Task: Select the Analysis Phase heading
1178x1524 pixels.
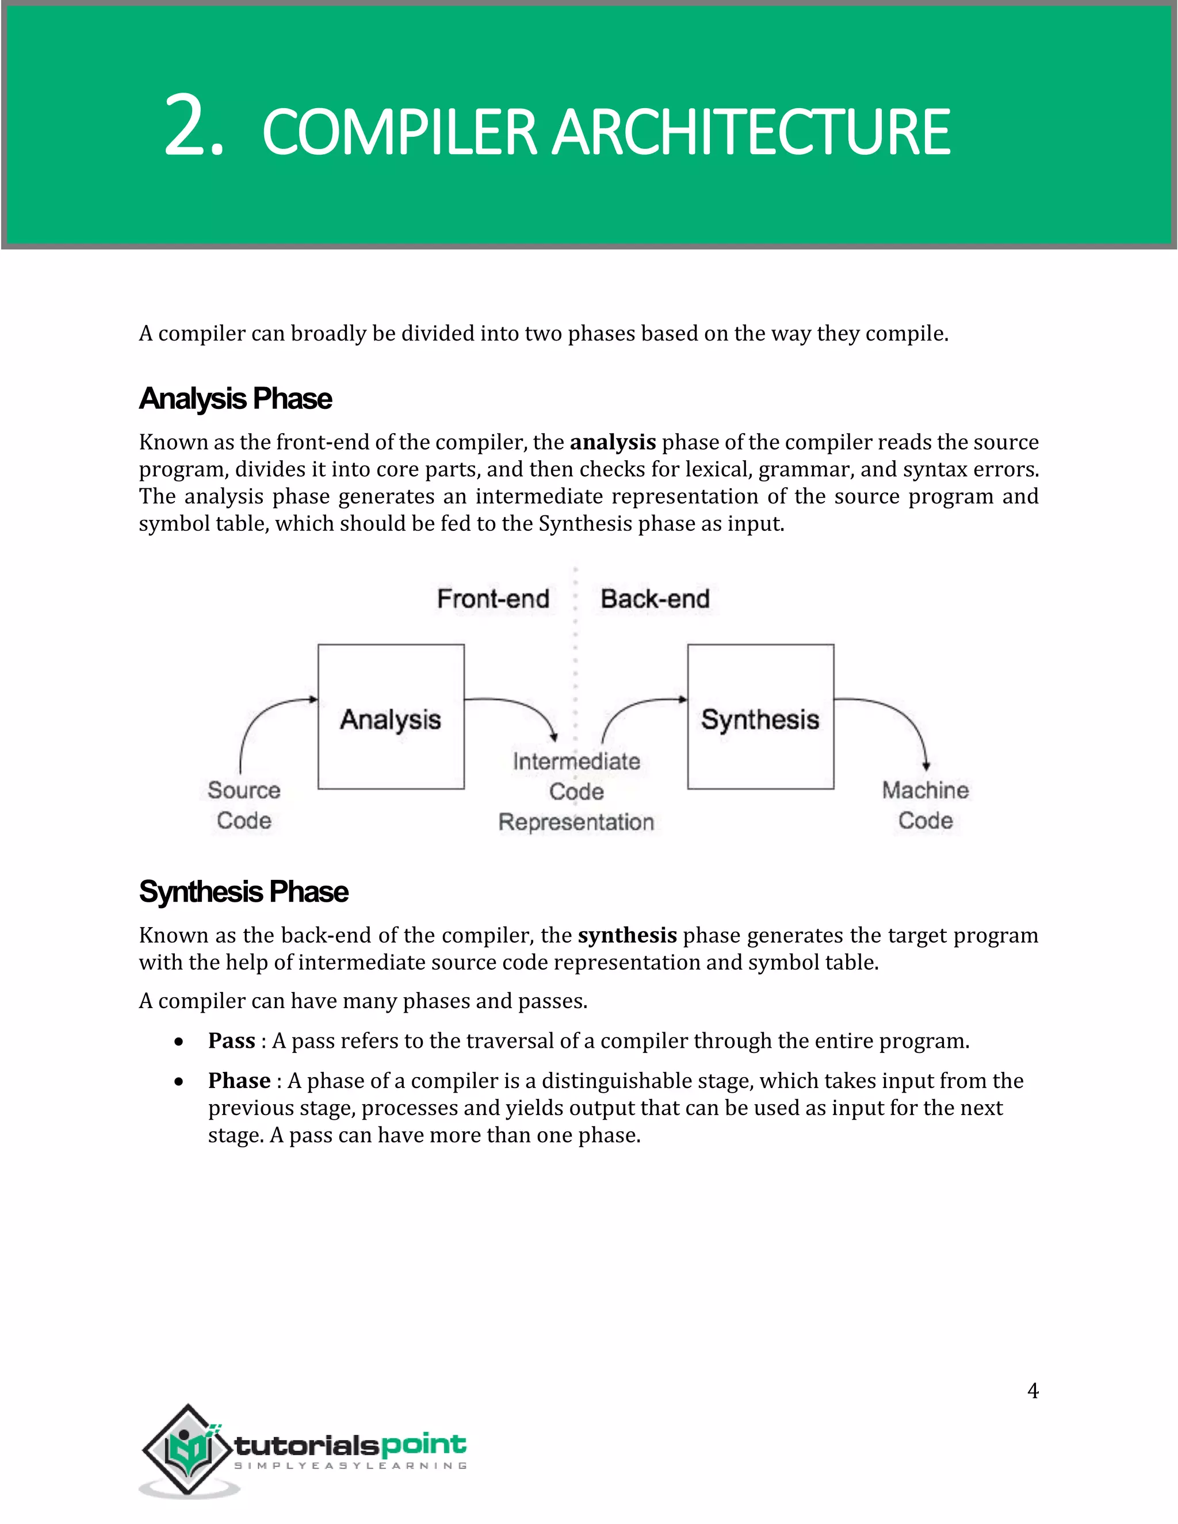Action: tap(235, 399)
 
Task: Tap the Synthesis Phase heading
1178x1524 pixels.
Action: tap(243, 892)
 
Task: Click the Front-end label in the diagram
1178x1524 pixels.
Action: tap(493, 599)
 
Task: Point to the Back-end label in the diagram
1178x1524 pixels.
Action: tap(655, 599)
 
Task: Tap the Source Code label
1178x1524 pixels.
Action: tap(243, 805)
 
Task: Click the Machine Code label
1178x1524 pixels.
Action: tap(925, 805)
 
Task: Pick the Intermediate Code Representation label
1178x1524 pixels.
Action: tap(576, 791)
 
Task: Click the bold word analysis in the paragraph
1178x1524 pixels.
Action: tap(613, 442)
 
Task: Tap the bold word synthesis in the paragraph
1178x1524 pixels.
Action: tap(628, 935)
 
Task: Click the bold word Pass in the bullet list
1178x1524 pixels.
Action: tap(231, 1041)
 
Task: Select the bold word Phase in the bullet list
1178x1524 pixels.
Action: tap(239, 1081)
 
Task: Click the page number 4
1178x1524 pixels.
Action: tap(1033, 1391)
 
